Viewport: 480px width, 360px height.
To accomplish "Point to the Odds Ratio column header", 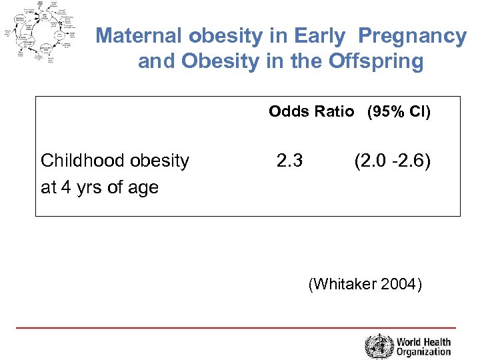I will pyautogui.click(x=311, y=111).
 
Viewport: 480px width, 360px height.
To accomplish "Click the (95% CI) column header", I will pyautogui.click(x=399, y=111).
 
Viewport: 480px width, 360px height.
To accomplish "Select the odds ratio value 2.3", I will pyautogui.click(x=289, y=161).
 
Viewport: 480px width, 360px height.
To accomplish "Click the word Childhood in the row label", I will pyautogui.click(x=82, y=161).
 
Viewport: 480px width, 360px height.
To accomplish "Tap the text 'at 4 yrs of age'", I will pyautogui.click(x=99, y=187).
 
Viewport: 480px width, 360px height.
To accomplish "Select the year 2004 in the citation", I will pyautogui.click(x=398, y=285).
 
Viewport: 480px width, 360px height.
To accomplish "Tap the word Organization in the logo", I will pyautogui.click(x=424, y=352).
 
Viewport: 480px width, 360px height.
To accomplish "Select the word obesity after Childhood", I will pyautogui.click(x=160, y=161).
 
